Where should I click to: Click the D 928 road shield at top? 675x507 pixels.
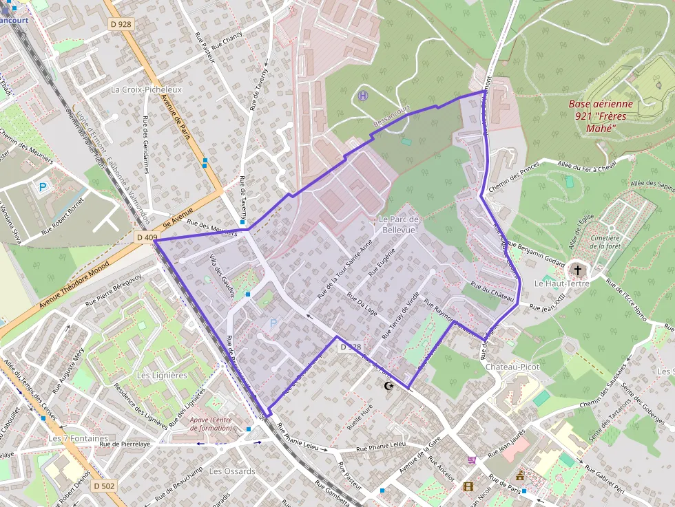tap(121, 24)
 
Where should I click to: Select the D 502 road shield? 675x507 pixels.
tap(104, 486)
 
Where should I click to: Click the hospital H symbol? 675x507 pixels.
tap(364, 96)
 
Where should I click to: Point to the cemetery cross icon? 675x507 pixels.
tap(578, 270)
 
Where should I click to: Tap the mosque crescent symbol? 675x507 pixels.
tap(390, 387)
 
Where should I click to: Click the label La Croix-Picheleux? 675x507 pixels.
tap(146, 89)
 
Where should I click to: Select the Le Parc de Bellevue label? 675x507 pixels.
tap(399, 224)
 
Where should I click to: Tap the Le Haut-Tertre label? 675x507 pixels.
tap(558, 283)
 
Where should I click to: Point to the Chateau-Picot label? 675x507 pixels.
tap(512, 367)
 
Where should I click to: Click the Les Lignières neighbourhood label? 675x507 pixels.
tap(162, 376)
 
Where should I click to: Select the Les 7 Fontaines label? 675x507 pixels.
tap(79, 438)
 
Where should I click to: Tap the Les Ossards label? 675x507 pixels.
tap(232, 471)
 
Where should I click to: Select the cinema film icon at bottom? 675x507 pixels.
tap(468, 487)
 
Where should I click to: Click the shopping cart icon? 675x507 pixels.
tap(472, 460)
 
